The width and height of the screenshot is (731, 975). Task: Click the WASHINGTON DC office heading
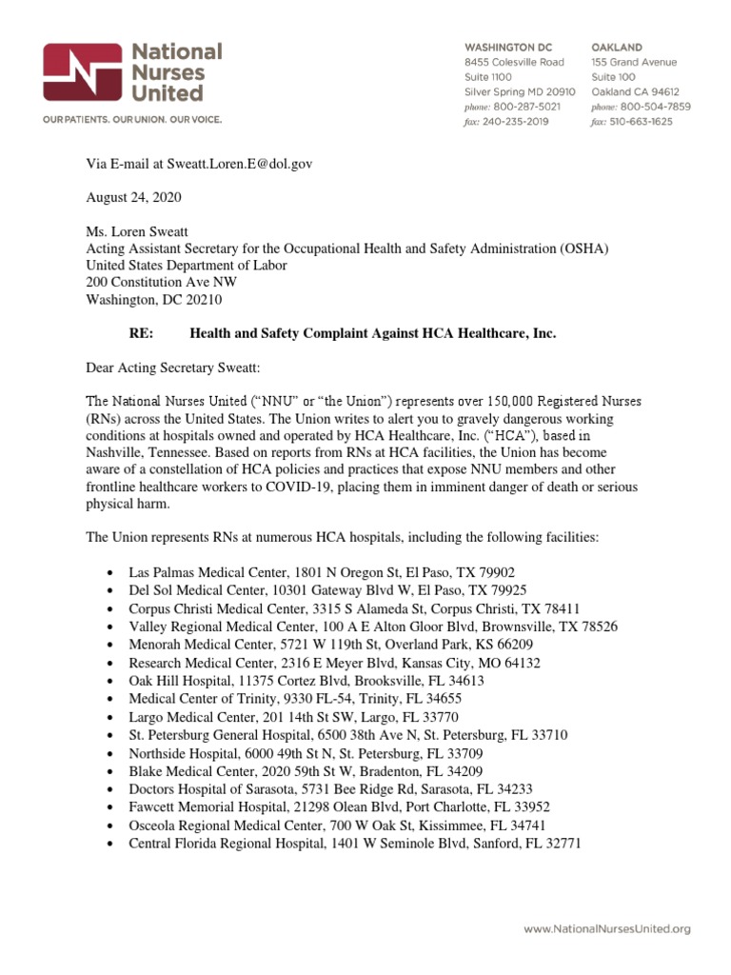(x=507, y=47)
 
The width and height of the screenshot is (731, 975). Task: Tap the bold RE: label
(x=141, y=334)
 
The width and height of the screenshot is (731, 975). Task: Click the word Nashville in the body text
(x=118, y=453)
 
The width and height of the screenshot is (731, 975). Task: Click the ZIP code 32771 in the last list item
(x=558, y=844)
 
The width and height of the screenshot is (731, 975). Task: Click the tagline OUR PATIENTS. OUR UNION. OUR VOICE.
(x=131, y=119)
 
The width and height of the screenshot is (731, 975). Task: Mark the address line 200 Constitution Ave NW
(x=162, y=283)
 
